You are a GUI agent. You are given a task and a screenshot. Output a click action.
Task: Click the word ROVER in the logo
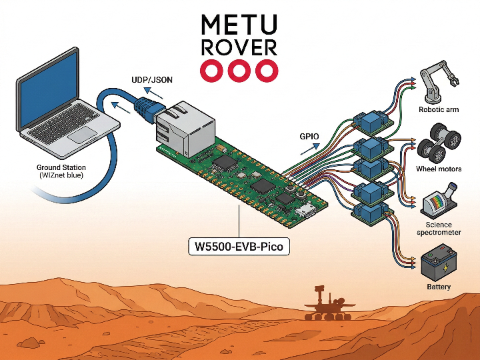[x=239, y=47]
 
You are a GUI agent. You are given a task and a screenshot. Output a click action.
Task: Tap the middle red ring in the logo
[x=239, y=70]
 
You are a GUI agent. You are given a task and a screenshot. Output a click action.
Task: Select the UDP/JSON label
[x=153, y=80]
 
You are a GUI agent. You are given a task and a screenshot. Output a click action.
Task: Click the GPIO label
[x=310, y=137]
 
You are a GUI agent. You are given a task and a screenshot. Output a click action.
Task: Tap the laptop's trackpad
[x=84, y=135]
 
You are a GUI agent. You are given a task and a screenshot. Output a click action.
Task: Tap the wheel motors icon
[x=439, y=143]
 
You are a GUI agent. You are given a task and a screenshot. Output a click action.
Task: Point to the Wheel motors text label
[x=439, y=169]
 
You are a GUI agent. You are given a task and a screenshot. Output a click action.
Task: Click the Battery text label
[x=439, y=287]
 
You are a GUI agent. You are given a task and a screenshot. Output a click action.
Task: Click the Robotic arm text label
[x=439, y=109]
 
